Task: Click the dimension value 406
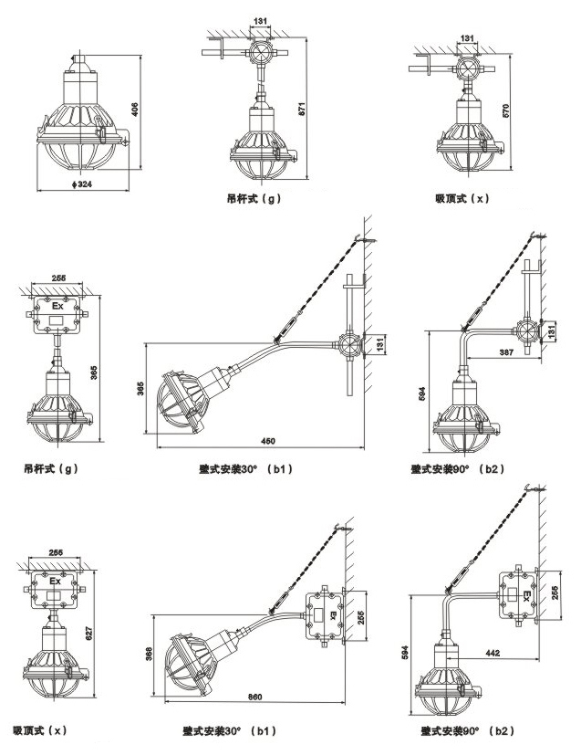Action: [x=135, y=110]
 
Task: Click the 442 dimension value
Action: [x=494, y=653]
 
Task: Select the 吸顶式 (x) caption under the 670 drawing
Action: [x=462, y=197]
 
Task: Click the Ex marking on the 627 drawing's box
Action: [x=55, y=581]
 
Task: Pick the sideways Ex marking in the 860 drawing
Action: [x=332, y=614]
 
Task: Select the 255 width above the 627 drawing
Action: [x=55, y=553]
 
